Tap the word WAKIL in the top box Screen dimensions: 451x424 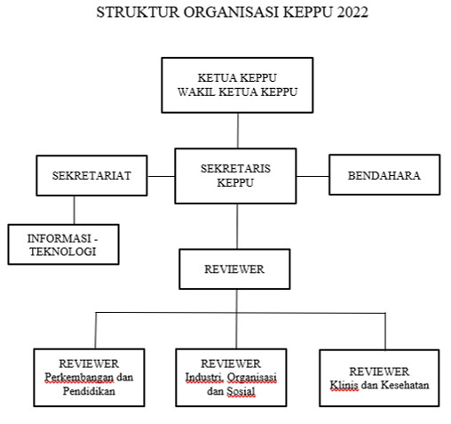pos(196,92)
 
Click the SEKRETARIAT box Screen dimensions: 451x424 pos(91,175)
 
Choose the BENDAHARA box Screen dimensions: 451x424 pos(384,175)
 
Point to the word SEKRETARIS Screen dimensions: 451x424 pos(235,169)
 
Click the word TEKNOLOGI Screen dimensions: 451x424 pos(63,252)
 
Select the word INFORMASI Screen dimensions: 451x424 pos(59,238)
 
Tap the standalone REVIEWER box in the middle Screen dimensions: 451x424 pos(234,269)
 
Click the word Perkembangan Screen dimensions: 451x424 pos(79,378)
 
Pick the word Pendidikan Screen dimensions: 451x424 pos(89,391)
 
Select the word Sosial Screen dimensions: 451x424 pos(241,391)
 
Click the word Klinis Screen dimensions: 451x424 pos(344,385)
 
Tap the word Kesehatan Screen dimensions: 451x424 pos(405,385)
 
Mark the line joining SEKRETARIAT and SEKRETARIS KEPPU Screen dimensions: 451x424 pos(162,176)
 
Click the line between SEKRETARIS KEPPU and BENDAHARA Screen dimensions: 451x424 pos(313,176)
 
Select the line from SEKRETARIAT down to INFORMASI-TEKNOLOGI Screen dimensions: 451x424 pos(74,210)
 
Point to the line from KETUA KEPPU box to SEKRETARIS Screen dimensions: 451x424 pos(238,131)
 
